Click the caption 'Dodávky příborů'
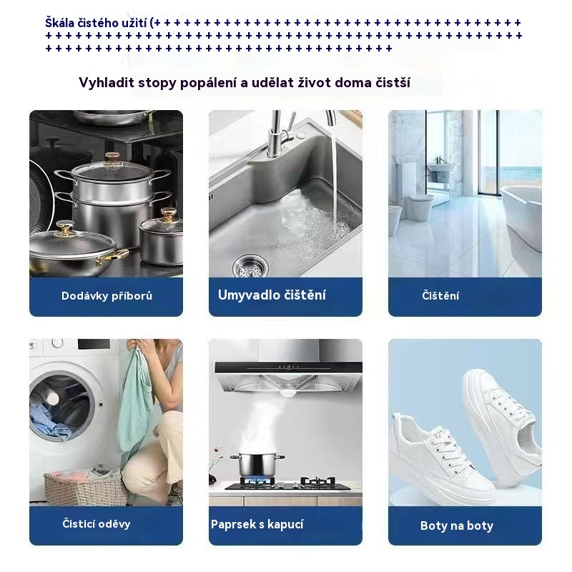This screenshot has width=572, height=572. pos(107,295)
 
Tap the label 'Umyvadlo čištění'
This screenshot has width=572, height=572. pos(272,295)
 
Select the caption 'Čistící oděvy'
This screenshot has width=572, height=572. pos(97,524)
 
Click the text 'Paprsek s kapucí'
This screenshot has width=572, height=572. pos(257,524)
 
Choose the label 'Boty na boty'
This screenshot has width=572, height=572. pos(457,526)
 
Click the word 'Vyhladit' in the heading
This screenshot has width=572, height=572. pos(107,83)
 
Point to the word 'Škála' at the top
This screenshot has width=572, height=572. pos(59,23)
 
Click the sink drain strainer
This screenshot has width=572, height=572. pos(250,265)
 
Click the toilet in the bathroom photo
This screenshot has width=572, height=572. pos(420,207)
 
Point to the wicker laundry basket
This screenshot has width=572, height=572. pos(86,488)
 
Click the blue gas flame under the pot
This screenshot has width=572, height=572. pos(257,480)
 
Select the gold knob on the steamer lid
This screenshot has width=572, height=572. pos(112,159)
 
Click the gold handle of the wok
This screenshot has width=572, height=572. pos(112,255)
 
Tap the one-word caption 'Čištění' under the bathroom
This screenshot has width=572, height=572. pos(440,295)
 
